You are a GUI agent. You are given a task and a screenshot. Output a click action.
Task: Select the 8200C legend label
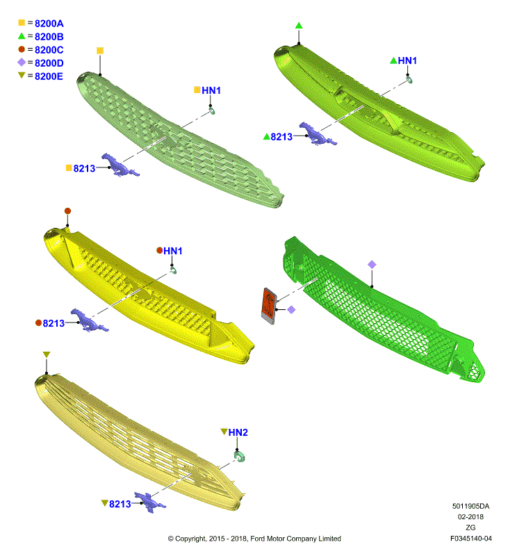pyautogui.click(x=49, y=50)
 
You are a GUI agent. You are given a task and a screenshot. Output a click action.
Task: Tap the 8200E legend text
pyautogui.click(x=49, y=76)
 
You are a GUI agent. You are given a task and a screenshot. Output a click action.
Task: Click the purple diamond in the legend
pyautogui.click(x=22, y=63)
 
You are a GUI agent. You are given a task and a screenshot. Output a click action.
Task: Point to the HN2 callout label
pyautogui.click(x=238, y=432)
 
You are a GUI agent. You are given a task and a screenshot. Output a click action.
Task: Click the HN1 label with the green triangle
pyautogui.click(x=407, y=60)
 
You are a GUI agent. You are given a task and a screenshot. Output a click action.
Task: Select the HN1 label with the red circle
pyautogui.click(x=172, y=251)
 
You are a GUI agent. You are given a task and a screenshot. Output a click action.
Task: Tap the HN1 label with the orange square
pyautogui.click(x=211, y=90)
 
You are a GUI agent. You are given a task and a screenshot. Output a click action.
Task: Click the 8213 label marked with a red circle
pyautogui.click(x=54, y=323)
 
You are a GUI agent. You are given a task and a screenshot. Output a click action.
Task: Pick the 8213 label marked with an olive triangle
pyautogui.click(x=120, y=504)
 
